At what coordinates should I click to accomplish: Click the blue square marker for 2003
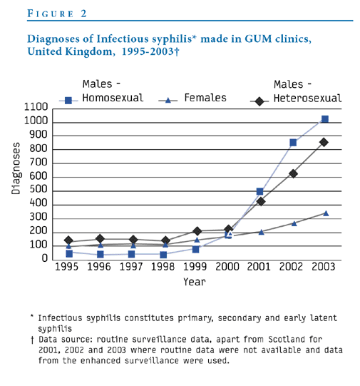325,119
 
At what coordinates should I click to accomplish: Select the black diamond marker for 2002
293,174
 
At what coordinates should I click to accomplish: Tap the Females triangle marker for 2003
326,213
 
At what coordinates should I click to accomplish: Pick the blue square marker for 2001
259,191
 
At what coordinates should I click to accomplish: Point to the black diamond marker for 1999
197,231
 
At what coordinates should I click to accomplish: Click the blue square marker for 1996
101,254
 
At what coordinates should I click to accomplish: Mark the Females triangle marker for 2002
294,223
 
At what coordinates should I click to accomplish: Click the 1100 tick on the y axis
36,107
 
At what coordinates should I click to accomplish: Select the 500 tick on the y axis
38,189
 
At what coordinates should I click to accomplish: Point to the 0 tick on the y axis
44,258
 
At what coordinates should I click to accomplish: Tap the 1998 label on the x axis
163,267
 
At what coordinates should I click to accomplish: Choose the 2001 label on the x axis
259,267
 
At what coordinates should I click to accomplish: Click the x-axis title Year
195,282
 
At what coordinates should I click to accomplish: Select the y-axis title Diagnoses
16,168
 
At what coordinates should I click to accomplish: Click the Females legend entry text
205,98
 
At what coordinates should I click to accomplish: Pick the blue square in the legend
68,101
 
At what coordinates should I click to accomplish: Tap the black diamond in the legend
259,101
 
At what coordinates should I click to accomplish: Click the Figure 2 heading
57,14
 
